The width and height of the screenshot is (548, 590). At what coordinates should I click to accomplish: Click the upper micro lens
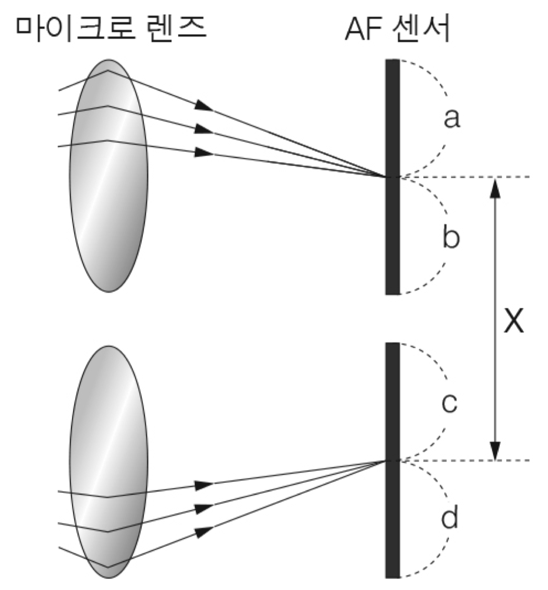pos(109,175)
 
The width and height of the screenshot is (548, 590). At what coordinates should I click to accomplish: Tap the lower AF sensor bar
pos(393,460)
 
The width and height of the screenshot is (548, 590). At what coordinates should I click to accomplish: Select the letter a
pos(451,119)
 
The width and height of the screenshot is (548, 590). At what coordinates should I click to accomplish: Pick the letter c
pos(449,403)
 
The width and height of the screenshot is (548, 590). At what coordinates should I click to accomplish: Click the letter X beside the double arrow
pos(513,322)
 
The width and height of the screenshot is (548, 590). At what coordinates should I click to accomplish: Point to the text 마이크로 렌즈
pos(111,28)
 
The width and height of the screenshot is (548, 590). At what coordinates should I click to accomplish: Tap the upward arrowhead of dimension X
pos(495,187)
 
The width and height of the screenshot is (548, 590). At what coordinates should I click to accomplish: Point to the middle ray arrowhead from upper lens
pos(205,129)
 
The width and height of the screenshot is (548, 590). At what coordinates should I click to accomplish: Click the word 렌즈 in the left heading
pos(174,28)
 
